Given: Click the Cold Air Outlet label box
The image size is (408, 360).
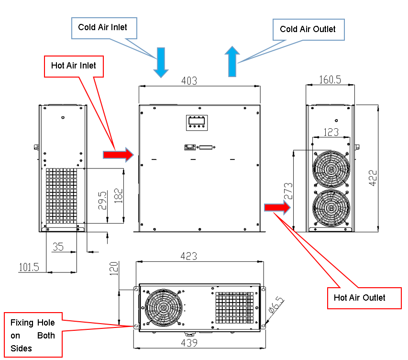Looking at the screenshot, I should [308, 29].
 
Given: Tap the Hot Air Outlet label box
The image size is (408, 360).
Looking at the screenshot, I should [359, 298].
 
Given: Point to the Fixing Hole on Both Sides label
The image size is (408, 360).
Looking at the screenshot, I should [33, 335].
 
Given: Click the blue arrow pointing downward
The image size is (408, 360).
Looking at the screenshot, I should [161, 62].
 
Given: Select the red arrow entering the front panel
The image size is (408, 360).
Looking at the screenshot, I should [118, 154].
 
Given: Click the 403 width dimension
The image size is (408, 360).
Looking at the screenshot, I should [189, 81].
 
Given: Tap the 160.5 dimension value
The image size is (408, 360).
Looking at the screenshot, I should [330, 79].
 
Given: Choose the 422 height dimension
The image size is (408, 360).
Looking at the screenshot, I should [373, 178].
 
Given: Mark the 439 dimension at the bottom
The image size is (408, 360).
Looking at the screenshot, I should [189, 343].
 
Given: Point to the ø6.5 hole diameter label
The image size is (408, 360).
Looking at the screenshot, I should [276, 305].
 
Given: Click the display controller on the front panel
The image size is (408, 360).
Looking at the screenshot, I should [198, 123].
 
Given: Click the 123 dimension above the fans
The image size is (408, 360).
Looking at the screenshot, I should [330, 131].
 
